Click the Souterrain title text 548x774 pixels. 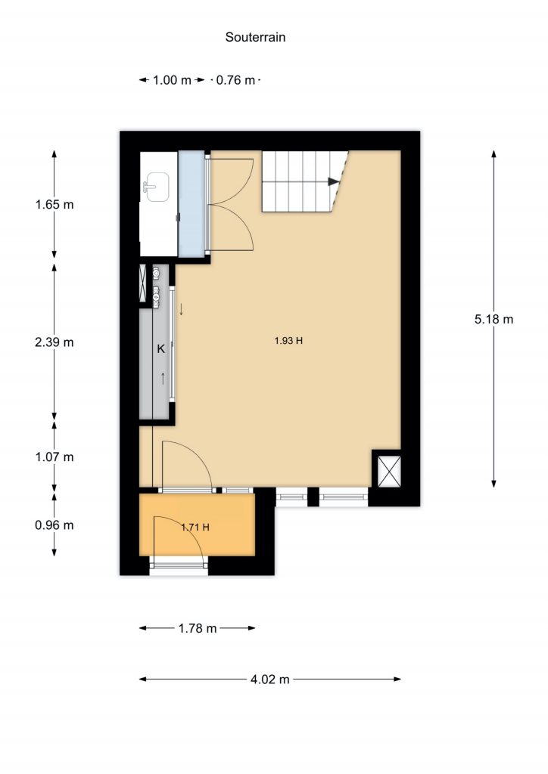tap(255, 37)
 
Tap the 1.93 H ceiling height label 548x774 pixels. tap(288, 341)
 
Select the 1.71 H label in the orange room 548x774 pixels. tap(195, 527)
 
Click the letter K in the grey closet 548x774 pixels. tap(160, 349)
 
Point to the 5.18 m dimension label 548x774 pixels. tap(494, 320)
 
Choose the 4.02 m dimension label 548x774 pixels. tap(269, 680)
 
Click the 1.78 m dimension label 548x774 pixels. tap(197, 628)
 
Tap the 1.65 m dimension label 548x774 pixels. tap(54, 204)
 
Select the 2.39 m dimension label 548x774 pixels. tap(54, 342)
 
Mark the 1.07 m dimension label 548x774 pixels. tap(54, 457)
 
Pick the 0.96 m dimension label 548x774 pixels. tap(54, 525)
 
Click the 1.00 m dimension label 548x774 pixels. tap(172, 80)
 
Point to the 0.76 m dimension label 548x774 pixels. tap(235, 80)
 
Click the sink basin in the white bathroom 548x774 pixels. tap(157, 187)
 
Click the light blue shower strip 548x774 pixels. tap(191, 204)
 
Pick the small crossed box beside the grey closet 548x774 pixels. tap(143, 283)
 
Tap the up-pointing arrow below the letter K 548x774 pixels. tap(163, 379)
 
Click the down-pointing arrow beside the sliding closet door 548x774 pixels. tap(182, 309)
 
